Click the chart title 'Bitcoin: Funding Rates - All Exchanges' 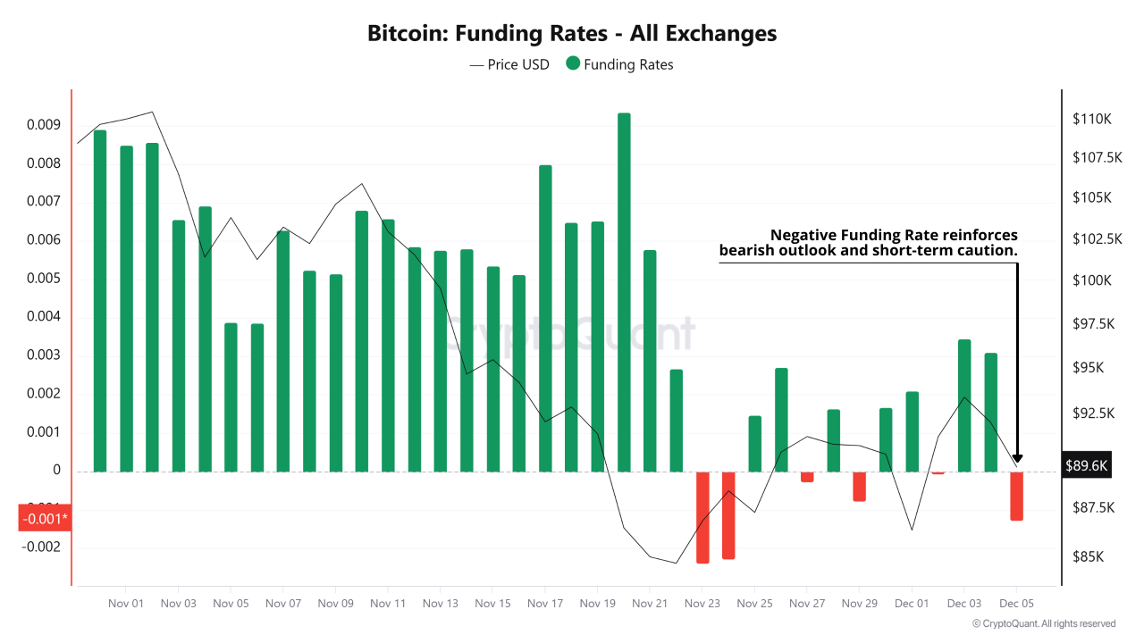[x=572, y=34]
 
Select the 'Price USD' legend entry [x=509, y=64]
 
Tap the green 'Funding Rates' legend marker [x=573, y=63]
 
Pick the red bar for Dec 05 [x=1016, y=496]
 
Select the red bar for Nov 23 [x=702, y=517]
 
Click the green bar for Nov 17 [x=545, y=318]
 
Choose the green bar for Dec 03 [x=964, y=405]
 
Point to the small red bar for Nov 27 [x=807, y=477]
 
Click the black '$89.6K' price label [x=1086, y=465]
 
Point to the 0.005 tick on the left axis [x=43, y=279]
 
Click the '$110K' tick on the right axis [x=1091, y=119]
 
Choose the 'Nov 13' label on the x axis [x=440, y=604]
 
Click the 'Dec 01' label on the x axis [x=912, y=604]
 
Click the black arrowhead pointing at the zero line [x=1017, y=459]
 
